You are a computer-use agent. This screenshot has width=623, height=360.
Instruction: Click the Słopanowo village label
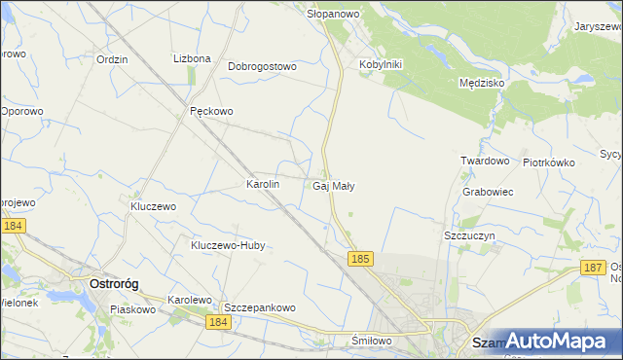coord(334,14)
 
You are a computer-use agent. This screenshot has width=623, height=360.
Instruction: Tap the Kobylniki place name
coord(381,64)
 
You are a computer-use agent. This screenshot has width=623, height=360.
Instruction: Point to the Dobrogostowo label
coord(262,66)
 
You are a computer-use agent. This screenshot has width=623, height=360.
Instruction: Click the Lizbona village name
coord(192,58)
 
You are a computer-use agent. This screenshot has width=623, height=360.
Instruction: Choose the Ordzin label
coord(113,58)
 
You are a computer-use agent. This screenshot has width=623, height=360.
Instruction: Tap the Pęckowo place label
coord(211,111)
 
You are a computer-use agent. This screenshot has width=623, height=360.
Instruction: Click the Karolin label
coord(263,183)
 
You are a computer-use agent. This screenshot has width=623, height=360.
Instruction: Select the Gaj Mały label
coord(334,185)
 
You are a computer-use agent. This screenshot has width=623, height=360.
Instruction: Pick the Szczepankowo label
coord(260,307)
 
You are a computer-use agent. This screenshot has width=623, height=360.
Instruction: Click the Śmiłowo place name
coord(371,341)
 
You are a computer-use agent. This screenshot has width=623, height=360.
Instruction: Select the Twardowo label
coord(485,161)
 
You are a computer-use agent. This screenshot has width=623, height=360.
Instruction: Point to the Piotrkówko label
coord(549,162)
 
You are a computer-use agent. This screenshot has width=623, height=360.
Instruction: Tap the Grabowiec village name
coord(488,192)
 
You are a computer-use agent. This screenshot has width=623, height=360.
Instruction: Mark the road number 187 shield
coord(592,268)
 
